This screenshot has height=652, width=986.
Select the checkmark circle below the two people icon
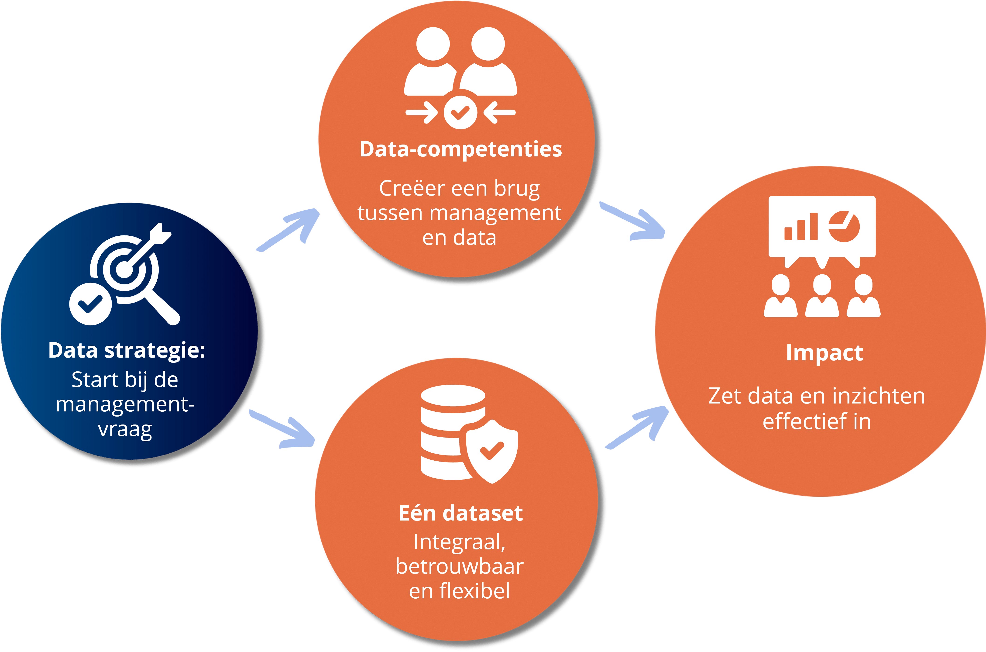click(x=460, y=113)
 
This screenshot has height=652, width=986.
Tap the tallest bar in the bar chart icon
click(x=814, y=227)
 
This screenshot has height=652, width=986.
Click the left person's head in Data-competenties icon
click(x=433, y=44)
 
